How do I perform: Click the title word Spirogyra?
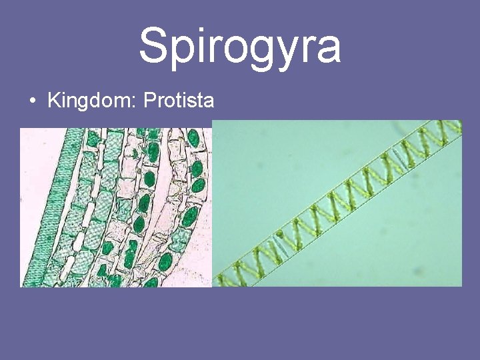[239, 45]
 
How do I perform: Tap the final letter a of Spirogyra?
[328, 49]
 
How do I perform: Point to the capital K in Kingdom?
[53, 101]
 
